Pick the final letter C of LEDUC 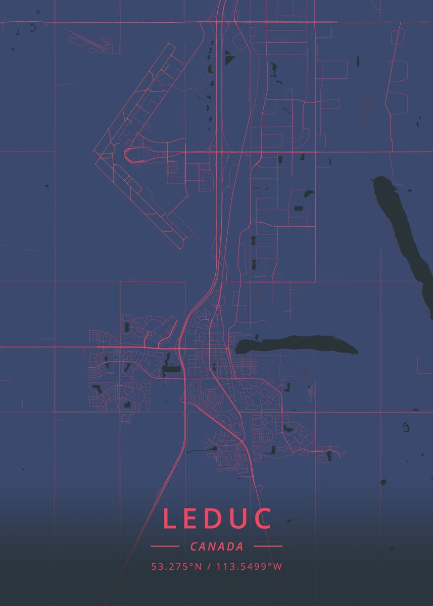pos(263,519)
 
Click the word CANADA pos(217,546)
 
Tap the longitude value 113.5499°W pos(249,566)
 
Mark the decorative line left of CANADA pos(165,546)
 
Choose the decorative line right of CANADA pos(268,546)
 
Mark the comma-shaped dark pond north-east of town pos(308,193)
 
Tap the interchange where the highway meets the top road pos(222,21)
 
